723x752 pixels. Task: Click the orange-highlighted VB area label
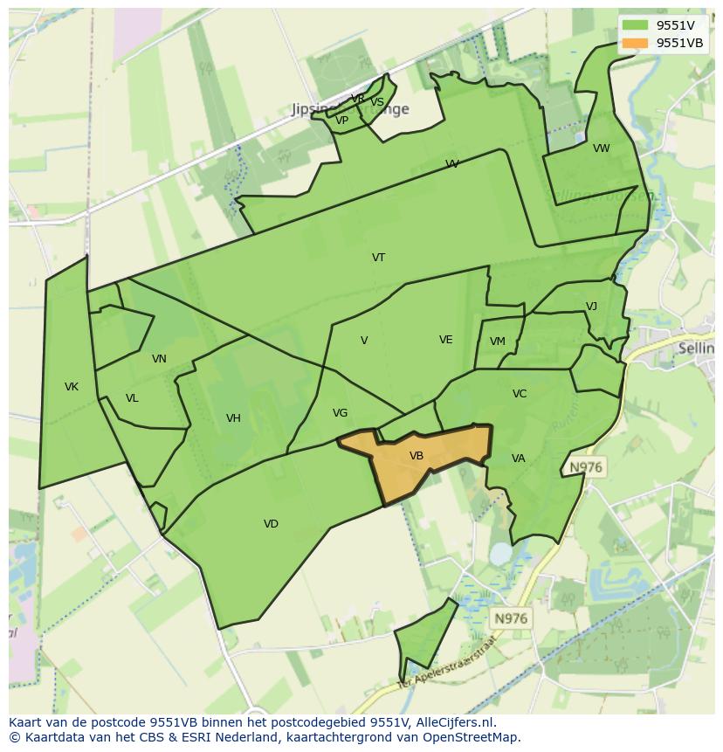tap(417, 456)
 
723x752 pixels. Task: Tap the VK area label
tap(72, 387)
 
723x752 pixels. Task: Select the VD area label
tap(271, 524)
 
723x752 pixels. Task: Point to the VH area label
tap(233, 418)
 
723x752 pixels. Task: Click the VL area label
tap(132, 398)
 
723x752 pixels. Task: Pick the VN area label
tap(159, 359)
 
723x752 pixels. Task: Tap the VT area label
tap(378, 258)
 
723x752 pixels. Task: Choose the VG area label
tap(340, 413)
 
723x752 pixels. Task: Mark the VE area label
tap(445, 340)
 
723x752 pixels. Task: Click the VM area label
tap(497, 342)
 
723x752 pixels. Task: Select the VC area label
tap(520, 394)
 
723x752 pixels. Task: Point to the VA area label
tap(519, 459)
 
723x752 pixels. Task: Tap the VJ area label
tap(591, 307)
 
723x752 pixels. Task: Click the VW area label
tap(601, 148)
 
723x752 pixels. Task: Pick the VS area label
tap(377, 102)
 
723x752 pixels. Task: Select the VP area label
tap(341, 121)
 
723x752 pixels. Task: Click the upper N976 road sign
tap(585, 467)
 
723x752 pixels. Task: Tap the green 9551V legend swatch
tap(635, 25)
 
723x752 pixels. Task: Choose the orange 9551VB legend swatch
tap(635, 43)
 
